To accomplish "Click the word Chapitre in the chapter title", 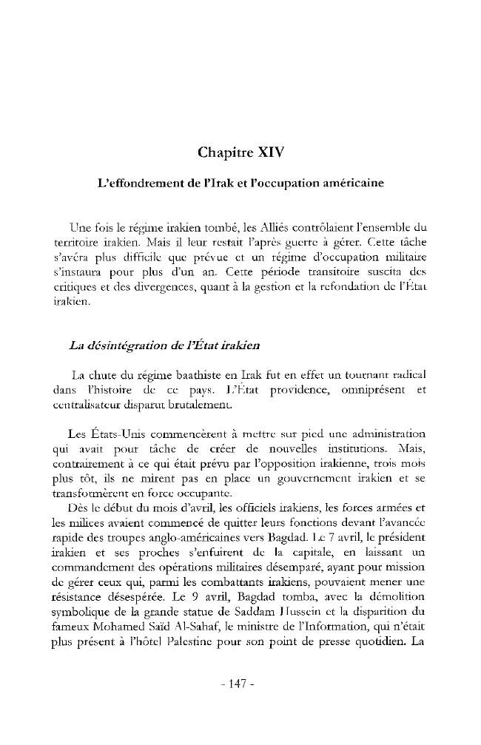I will (x=225, y=153).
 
